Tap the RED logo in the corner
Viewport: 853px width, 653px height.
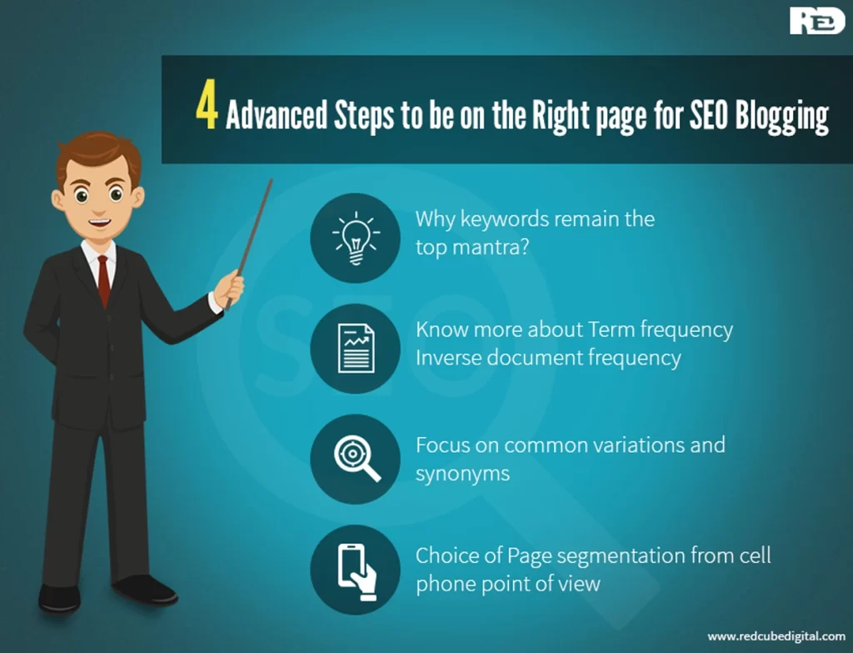point(817,21)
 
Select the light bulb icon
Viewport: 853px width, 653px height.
point(356,238)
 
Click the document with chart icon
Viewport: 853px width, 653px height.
point(356,349)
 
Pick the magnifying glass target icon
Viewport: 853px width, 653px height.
point(357,459)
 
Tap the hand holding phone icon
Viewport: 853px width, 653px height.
point(357,572)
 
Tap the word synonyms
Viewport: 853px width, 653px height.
point(463,475)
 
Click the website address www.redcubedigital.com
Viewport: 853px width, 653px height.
point(776,636)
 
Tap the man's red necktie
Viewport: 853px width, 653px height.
point(103,280)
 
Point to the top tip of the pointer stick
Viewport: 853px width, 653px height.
point(271,180)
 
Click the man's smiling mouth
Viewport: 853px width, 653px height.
point(100,222)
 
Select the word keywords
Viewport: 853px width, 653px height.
point(502,219)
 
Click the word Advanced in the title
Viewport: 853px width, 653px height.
point(277,114)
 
